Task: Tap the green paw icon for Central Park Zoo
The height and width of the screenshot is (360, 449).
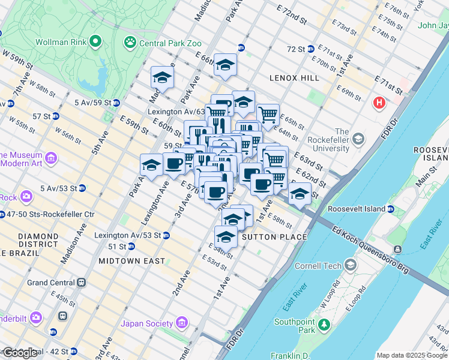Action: point(130,42)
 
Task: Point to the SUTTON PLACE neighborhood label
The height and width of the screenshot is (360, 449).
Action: point(274,237)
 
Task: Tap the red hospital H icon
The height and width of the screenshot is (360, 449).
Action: point(379,103)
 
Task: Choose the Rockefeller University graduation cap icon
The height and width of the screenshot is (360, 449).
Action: point(358,140)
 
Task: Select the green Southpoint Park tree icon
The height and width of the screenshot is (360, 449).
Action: point(325,325)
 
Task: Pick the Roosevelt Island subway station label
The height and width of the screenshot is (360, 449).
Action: point(357,209)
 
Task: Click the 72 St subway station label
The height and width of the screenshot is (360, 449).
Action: point(296,49)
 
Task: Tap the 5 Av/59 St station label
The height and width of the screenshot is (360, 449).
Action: point(92,103)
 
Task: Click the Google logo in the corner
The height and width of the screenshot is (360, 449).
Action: point(20,352)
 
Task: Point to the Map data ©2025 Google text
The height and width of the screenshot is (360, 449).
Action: point(412,355)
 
